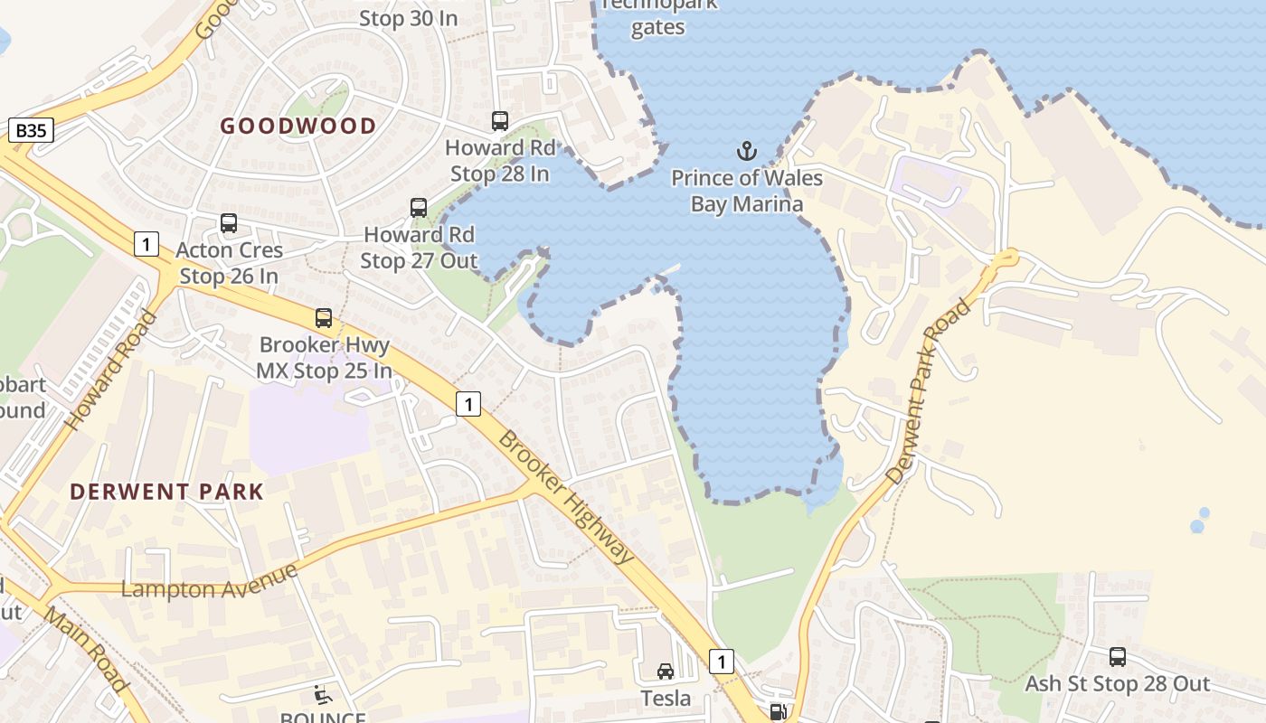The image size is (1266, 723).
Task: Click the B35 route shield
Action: coord(31,130)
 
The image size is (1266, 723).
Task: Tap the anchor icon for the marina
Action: coord(747,151)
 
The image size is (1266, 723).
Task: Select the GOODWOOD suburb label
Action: coord(298,127)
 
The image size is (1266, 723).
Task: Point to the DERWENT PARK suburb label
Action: coord(167,493)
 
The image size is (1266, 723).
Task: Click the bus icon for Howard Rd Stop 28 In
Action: coord(499,120)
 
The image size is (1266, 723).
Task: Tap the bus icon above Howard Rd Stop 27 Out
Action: coord(418,207)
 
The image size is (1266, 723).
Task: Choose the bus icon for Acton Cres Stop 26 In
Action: coord(229,222)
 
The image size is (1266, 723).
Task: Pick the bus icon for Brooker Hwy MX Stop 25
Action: coord(323,317)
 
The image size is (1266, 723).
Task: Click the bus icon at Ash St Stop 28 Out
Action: coord(1118,657)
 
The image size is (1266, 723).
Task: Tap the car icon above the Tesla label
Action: coord(666,671)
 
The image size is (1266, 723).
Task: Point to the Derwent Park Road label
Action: coord(929,390)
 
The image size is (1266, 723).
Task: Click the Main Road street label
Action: coord(86,651)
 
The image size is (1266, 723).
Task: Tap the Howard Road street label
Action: coord(110,371)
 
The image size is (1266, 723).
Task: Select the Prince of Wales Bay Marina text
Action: coord(747,191)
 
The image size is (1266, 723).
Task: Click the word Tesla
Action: coord(666,699)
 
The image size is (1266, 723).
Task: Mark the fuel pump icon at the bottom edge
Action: coord(778,712)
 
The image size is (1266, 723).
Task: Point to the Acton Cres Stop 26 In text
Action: coord(230,263)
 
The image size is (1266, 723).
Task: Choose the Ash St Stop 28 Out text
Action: coord(1117,684)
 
